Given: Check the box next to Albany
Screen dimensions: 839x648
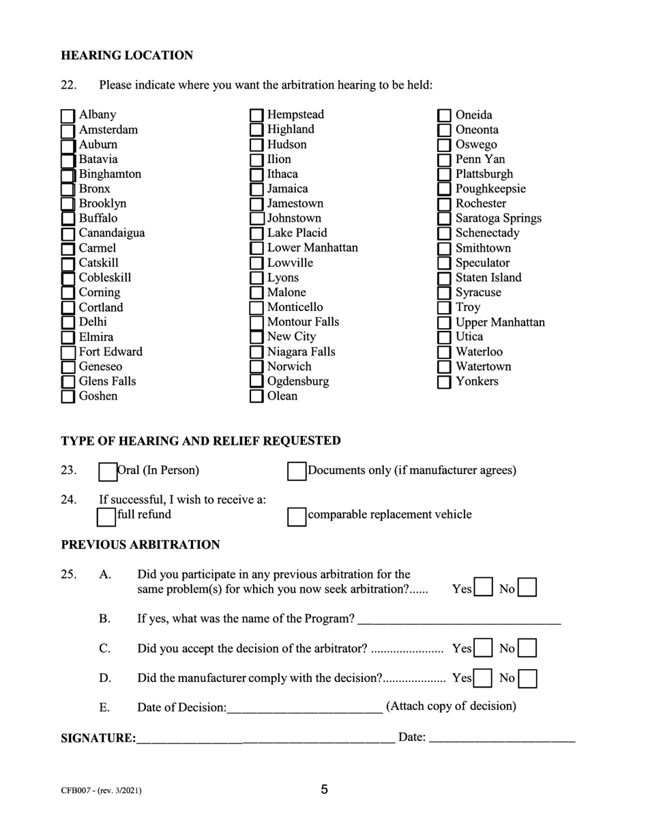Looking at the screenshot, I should [x=68, y=116].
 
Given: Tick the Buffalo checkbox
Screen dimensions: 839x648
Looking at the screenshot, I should [x=68, y=219].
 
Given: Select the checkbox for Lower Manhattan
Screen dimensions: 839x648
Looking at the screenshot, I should [x=256, y=248].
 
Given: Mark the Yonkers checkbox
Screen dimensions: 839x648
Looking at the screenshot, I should [x=444, y=382].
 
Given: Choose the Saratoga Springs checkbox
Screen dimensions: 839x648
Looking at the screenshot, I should [x=444, y=219].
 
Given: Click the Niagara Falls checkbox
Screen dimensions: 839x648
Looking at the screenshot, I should [x=256, y=353].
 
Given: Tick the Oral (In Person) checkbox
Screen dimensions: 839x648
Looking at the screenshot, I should [x=108, y=471].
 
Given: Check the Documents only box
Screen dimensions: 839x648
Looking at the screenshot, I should [x=297, y=471].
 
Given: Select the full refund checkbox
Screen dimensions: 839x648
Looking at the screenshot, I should [x=106, y=516].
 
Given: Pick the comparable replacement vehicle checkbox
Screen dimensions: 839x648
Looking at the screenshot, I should [x=297, y=516].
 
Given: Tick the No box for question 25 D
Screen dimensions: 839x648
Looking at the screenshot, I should [x=527, y=679].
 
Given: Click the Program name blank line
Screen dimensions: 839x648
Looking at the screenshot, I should [x=458, y=621].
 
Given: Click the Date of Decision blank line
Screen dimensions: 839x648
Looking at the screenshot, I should [x=304, y=708].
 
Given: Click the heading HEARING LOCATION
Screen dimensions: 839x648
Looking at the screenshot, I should [x=127, y=55].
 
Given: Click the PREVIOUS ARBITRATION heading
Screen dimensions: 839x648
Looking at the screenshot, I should [x=141, y=545].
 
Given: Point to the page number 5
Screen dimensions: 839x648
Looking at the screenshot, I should [x=324, y=790].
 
